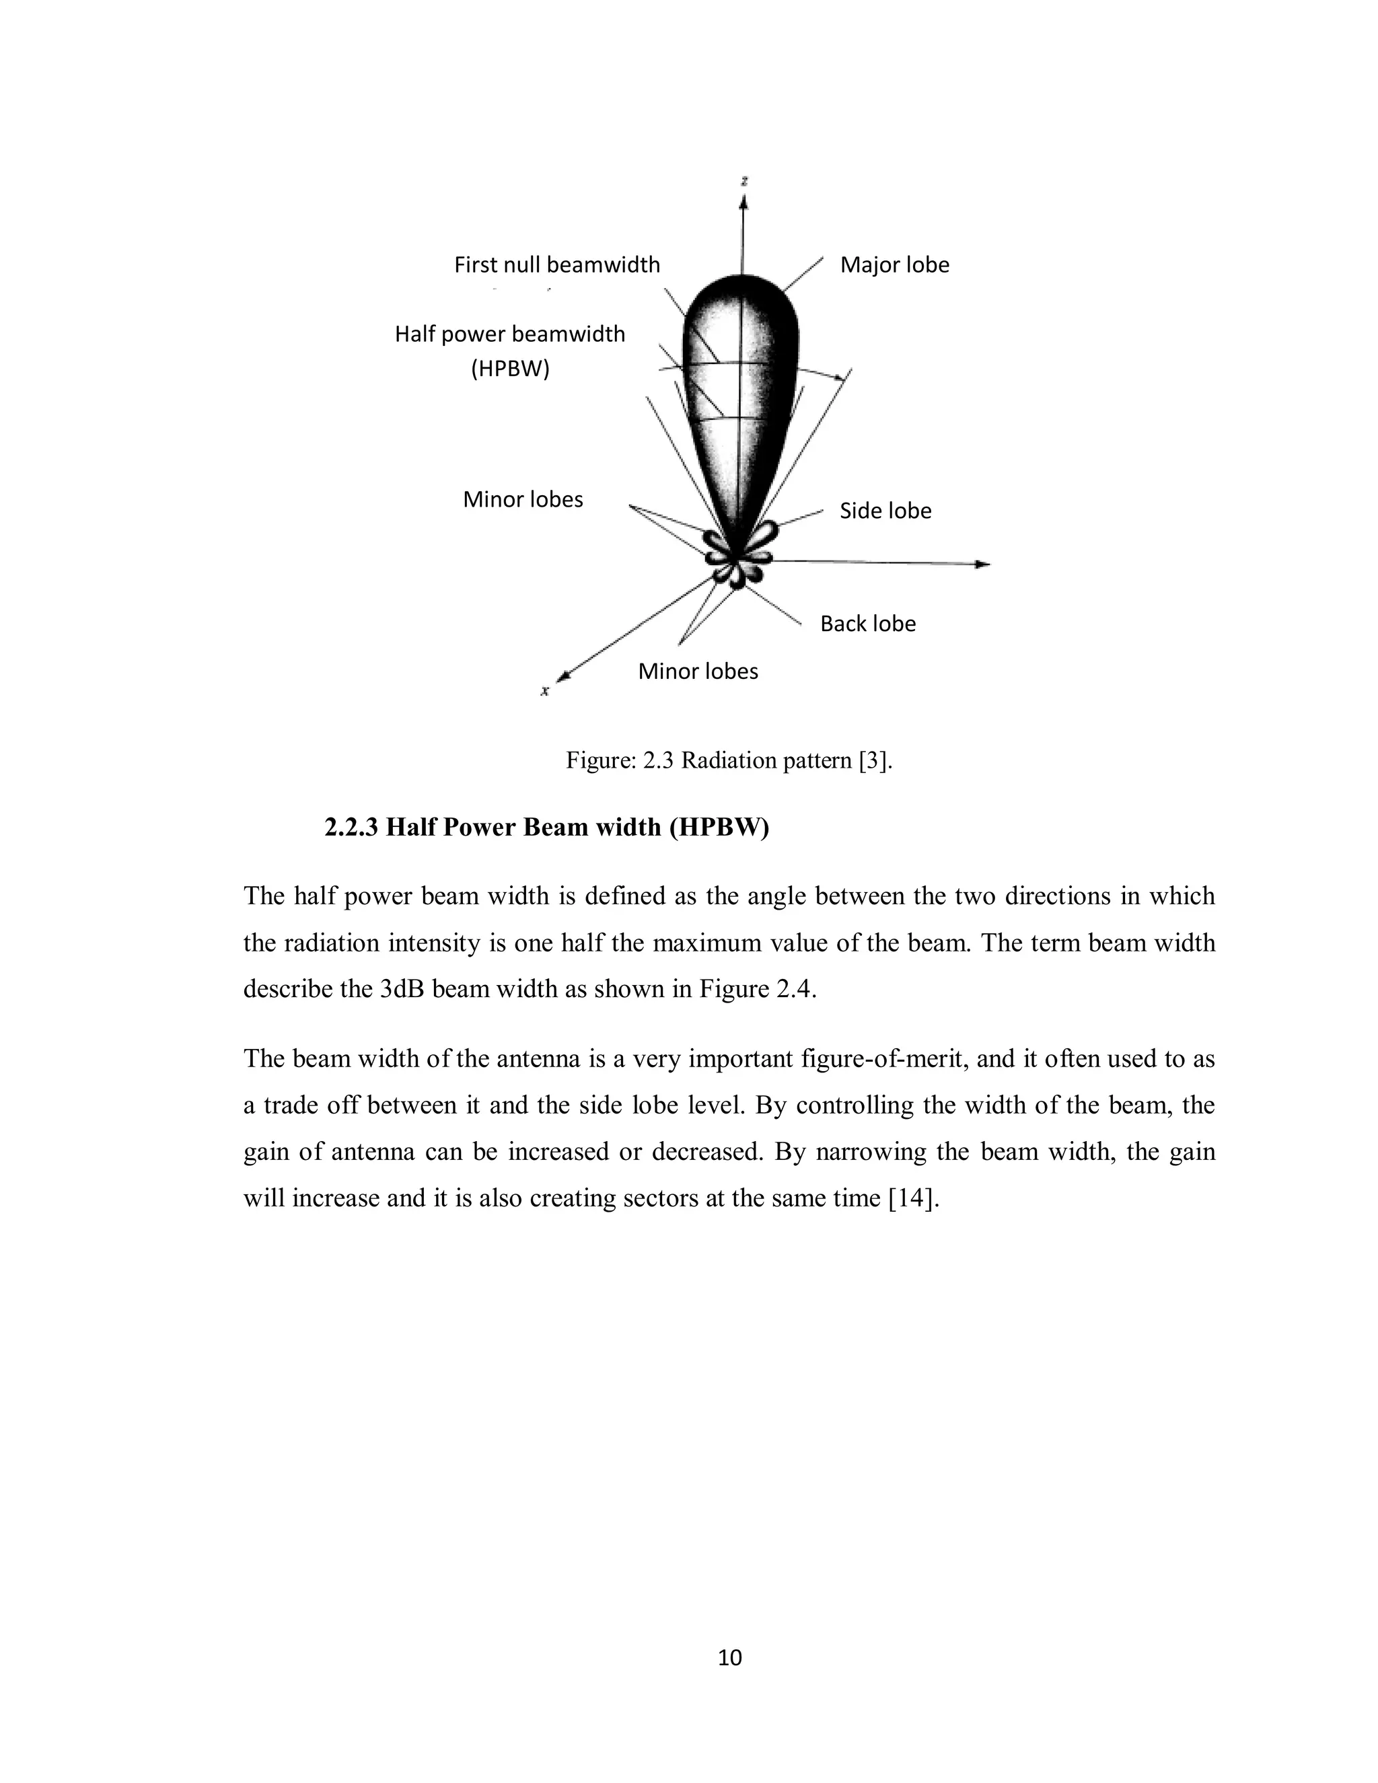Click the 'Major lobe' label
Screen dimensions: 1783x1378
(x=894, y=265)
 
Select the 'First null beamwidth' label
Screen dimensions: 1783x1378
(x=556, y=265)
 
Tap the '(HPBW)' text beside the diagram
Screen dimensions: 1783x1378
(x=510, y=369)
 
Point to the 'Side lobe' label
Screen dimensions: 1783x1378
(x=885, y=511)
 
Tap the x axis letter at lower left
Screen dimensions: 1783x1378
(x=544, y=692)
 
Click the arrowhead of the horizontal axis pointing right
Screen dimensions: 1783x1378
(x=984, y=564)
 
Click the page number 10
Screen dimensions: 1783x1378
(x=729, y=1657)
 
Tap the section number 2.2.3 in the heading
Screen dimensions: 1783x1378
(x=351, y=828)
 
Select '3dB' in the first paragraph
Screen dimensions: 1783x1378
(x=402, y=990)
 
